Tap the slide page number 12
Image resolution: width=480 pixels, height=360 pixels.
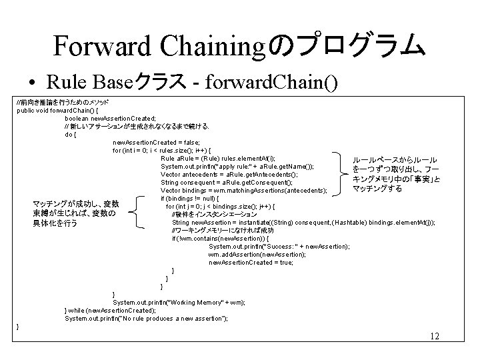click(435, 336)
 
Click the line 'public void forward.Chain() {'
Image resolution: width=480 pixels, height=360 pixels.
click(58, 110)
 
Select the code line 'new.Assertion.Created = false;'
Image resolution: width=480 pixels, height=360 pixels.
click(155, 142)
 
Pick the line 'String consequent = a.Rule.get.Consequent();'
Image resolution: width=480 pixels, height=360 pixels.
click(227, 182)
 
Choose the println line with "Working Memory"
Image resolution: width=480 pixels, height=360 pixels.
click(179, 302)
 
